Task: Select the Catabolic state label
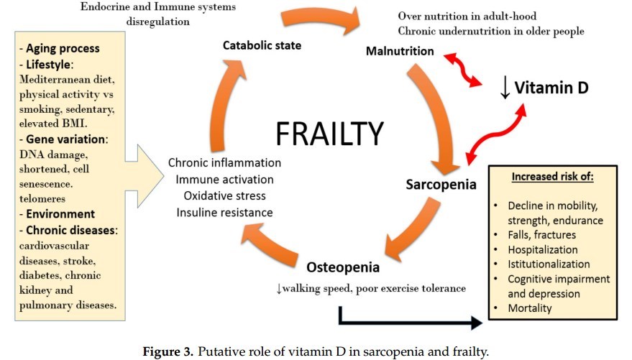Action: coord(262,45)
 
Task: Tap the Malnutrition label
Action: coord(400,51)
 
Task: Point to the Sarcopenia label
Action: coord(440,184)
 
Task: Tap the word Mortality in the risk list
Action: coord(530,308)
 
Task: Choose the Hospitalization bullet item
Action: coord(542,249)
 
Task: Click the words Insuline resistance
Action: coord(225,212)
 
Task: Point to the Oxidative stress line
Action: coord(224,195)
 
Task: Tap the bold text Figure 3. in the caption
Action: coord(170,351)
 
